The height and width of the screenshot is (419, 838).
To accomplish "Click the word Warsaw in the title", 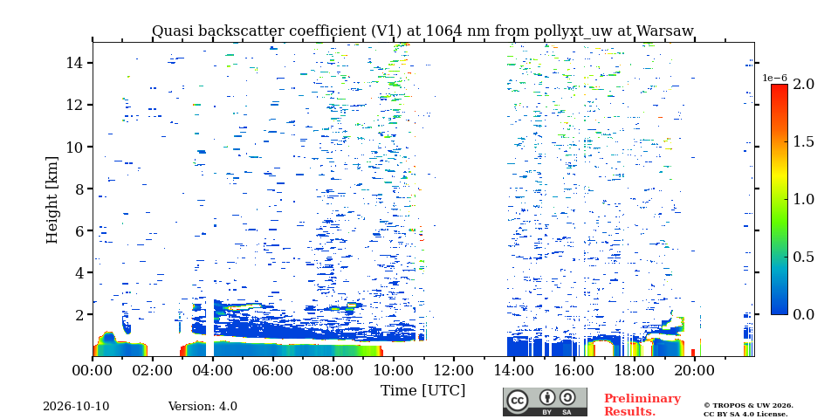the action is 665,31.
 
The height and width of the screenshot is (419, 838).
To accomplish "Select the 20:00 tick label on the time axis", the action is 694,369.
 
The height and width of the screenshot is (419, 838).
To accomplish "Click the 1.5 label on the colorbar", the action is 803,141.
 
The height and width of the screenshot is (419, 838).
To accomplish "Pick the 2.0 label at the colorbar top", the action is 803,84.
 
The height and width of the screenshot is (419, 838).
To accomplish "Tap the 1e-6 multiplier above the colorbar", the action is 774,78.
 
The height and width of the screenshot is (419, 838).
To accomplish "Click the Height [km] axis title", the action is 52,200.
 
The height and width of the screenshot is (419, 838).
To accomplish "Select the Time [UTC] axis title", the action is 422,390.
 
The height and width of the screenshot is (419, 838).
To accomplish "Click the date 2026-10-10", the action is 76,407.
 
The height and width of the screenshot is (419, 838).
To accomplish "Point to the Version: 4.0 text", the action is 203,407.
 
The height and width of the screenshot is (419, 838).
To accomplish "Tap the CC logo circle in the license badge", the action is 518,401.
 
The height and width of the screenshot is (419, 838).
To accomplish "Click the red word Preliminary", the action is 642,399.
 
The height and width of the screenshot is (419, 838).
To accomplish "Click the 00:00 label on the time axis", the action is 93,369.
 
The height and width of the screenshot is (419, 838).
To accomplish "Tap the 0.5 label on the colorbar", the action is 803,257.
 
